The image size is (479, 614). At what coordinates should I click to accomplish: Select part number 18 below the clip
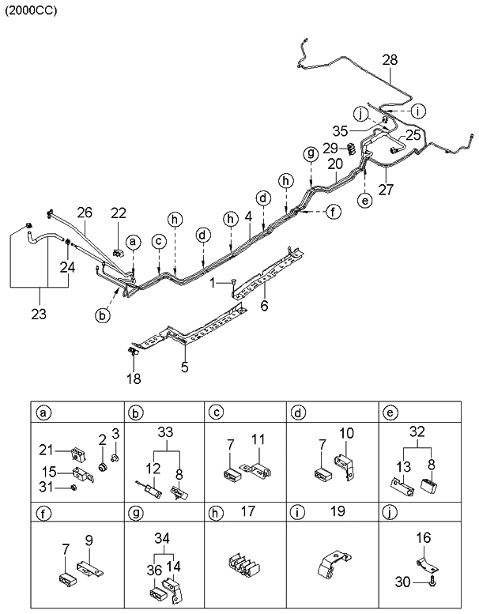(134, 379)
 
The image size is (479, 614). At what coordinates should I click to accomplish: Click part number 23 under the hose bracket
(37, 314)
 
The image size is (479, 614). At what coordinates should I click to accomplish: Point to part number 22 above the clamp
(118, 213)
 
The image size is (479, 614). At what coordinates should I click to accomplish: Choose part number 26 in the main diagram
(85, 212)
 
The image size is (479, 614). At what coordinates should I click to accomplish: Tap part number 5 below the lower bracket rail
(184, 366)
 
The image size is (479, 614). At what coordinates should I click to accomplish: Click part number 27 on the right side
(386, 189)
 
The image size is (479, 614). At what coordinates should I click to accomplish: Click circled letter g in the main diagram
(311, 152)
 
